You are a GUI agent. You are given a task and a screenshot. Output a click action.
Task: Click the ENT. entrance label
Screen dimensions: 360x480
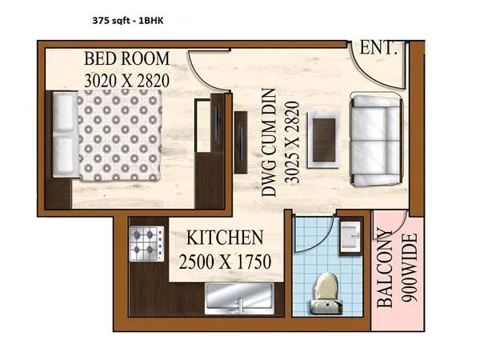[x=379, y=48]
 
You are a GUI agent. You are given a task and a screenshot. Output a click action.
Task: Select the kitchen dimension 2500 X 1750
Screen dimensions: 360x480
[x=225, y=262]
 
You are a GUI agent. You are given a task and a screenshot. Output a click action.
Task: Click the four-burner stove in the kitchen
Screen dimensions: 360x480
[x=146, y=244]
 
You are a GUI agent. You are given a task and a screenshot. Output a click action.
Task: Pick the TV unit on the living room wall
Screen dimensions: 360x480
[x=240, y=142]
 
